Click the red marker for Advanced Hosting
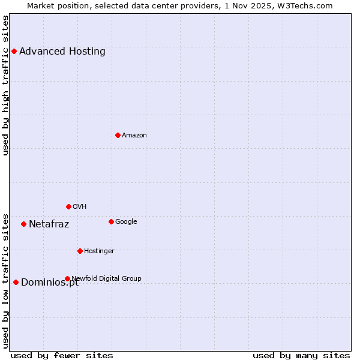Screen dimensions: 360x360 (14, 52)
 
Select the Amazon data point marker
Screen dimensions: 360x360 (118, 135)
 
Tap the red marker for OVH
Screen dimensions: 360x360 (68, 206)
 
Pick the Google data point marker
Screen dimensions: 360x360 (111, 221)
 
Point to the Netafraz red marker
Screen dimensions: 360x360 (23, 224)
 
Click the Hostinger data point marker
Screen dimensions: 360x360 (80, 251)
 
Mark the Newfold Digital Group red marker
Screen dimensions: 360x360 (67, 278)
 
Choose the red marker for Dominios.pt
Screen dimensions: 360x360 (16, 282)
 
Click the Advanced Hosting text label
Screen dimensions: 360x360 (62, 52)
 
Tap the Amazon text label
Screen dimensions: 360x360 (134, 135)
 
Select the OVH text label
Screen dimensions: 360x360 (80, 206)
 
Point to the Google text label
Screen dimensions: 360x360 (126, 221)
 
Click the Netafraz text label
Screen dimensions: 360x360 (49, 224)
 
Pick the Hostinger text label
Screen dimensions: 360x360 (99, 251)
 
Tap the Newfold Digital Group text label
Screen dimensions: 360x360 (107, 278)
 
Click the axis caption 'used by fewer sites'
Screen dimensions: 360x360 (62, 355)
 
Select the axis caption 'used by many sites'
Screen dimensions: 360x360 (301, 355)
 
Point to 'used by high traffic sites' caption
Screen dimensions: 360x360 (5, 85)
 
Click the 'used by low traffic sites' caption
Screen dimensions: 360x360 (5, 280)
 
